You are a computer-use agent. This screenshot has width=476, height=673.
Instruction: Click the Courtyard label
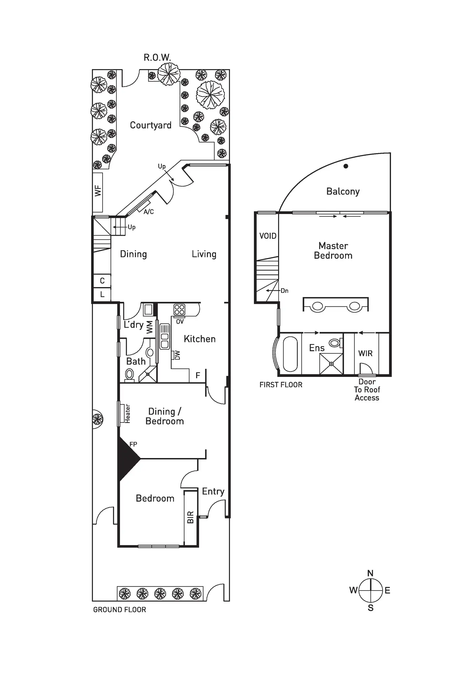click(x=150, y=125)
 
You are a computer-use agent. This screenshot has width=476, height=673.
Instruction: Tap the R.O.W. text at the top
click(x=157, y=58)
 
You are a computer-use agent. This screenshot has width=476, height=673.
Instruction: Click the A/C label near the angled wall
click(x=148, y=212)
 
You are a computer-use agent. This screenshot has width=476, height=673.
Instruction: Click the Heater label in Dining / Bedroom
click(x=127, y=413)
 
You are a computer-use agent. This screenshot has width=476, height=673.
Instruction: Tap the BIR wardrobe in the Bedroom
click(x=190, y=517)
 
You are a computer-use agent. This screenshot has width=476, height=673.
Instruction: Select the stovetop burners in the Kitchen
click(x=179, y=310)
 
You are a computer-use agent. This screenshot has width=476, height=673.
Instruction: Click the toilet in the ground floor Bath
click(x=129, y=375)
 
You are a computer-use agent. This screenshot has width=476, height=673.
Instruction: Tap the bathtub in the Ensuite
click(x=290, y=354)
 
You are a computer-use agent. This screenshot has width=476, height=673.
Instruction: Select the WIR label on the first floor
click(x=365, y=353)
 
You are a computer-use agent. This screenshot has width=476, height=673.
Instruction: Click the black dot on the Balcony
click(x=346, y=166)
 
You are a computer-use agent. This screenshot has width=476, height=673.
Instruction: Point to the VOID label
click(x=268, y=236)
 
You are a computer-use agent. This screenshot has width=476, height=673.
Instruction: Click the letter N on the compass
click(x=371, y=573)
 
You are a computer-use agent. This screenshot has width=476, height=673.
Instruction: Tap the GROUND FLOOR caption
click(x=120, y=610)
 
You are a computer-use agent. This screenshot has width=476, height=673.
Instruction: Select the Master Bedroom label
click(x=333, y=251)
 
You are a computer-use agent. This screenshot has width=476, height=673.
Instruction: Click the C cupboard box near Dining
click(x=102, y=281)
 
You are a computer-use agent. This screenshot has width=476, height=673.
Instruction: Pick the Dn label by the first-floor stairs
click(x=285, y=291)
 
